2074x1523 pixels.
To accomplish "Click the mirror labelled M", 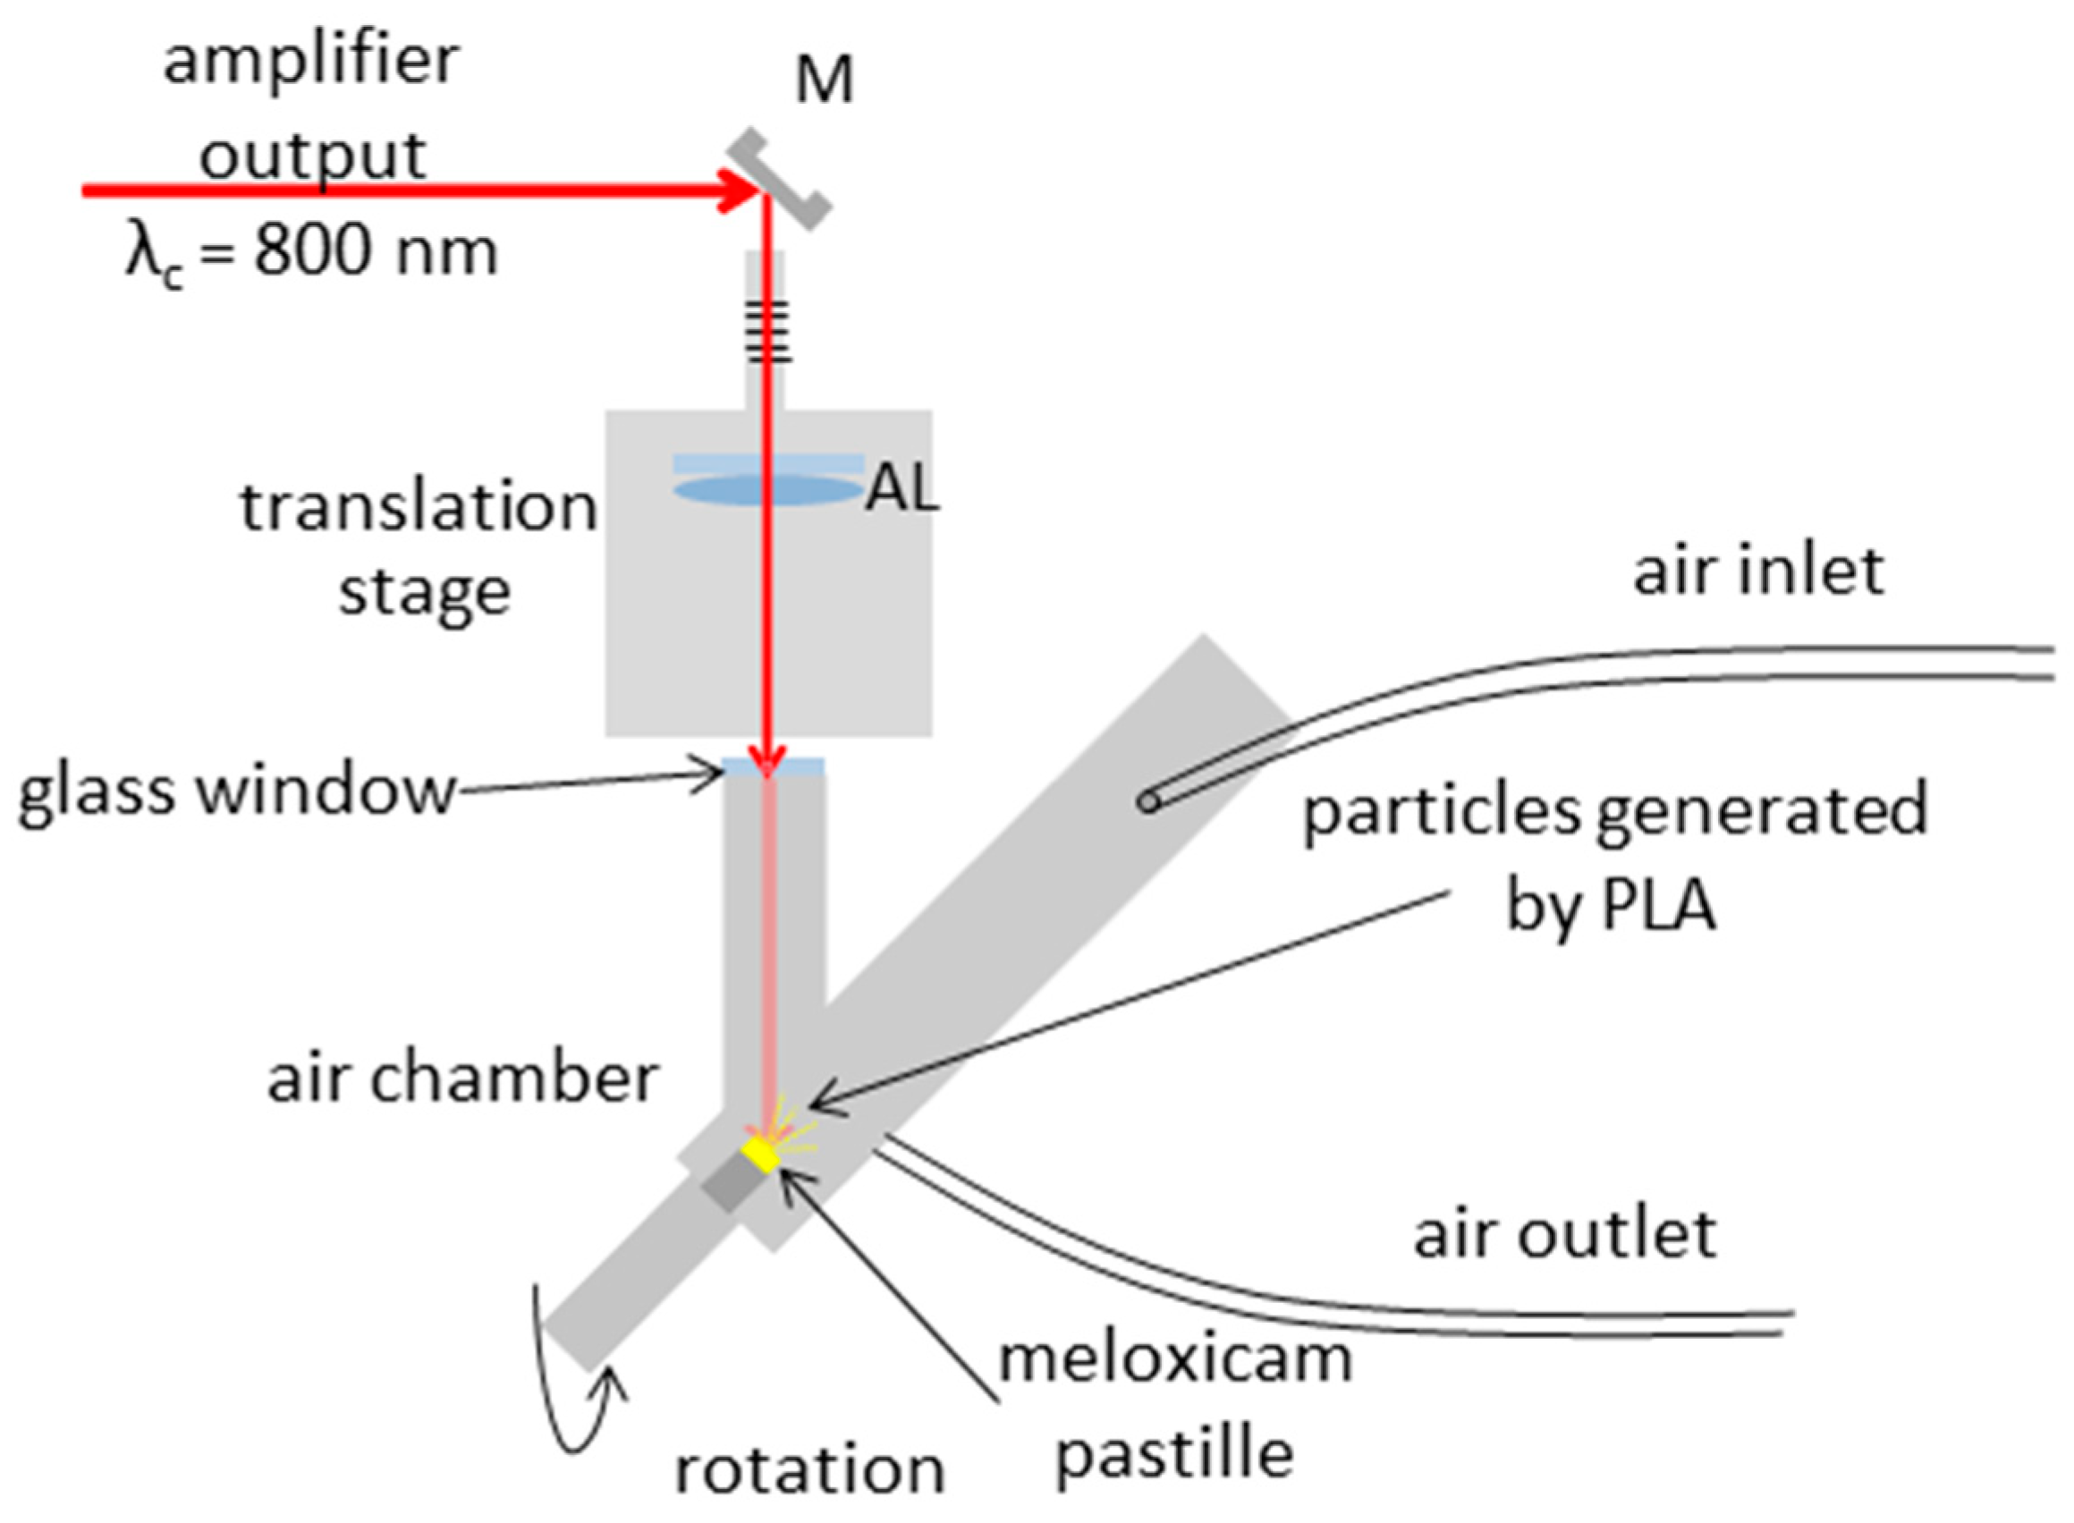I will pyautogui.click(x=779, y=180).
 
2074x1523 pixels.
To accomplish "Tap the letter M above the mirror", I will pyautogui.click(x=824, y=81).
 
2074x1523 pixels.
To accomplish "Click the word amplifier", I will pyautogui.click(x=311, y=63).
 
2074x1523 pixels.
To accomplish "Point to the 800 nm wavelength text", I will pyautogui.click(x=377, y=251).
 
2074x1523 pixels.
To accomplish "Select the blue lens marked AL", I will pyautogui.click(x=768, y=489).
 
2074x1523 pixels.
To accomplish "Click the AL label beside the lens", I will pyautogui.click(x=902, y=488).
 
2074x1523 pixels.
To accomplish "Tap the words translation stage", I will pyautogui.click(x=419, y=548).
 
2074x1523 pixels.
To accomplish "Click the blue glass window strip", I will pyautogui.click(x=773, y=766).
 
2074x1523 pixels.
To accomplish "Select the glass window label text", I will pyautogui.click(x=238, y=791).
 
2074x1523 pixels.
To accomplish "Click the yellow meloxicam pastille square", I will pyautogui.click(x=761, y=1155).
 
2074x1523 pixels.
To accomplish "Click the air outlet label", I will pyautogui.click(x=1564, y=1234).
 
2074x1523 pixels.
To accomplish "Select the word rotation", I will pyautogui.click(x=809, y=1469).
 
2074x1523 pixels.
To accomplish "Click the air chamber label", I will pyautogui.click(x=462, y=1078).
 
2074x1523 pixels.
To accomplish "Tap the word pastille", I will pyautogui.click(x=1173, y=1454).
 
